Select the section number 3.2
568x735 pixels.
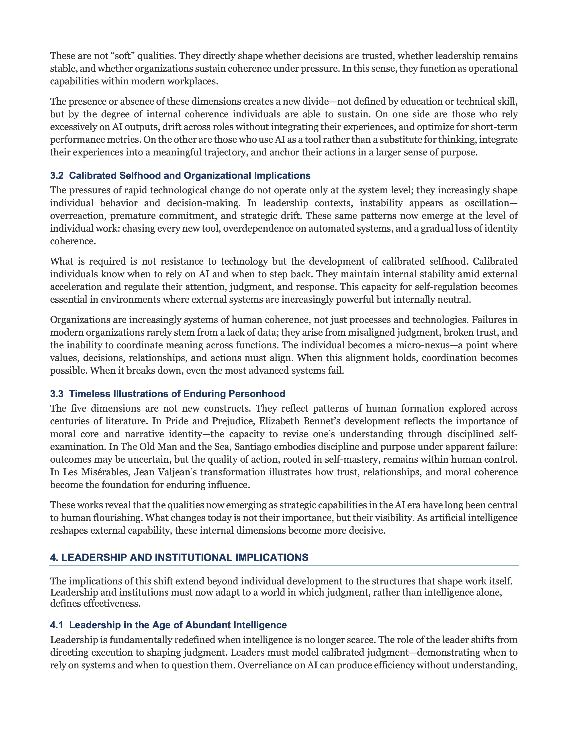57,176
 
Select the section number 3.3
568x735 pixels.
57,394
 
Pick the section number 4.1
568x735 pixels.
57,625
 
